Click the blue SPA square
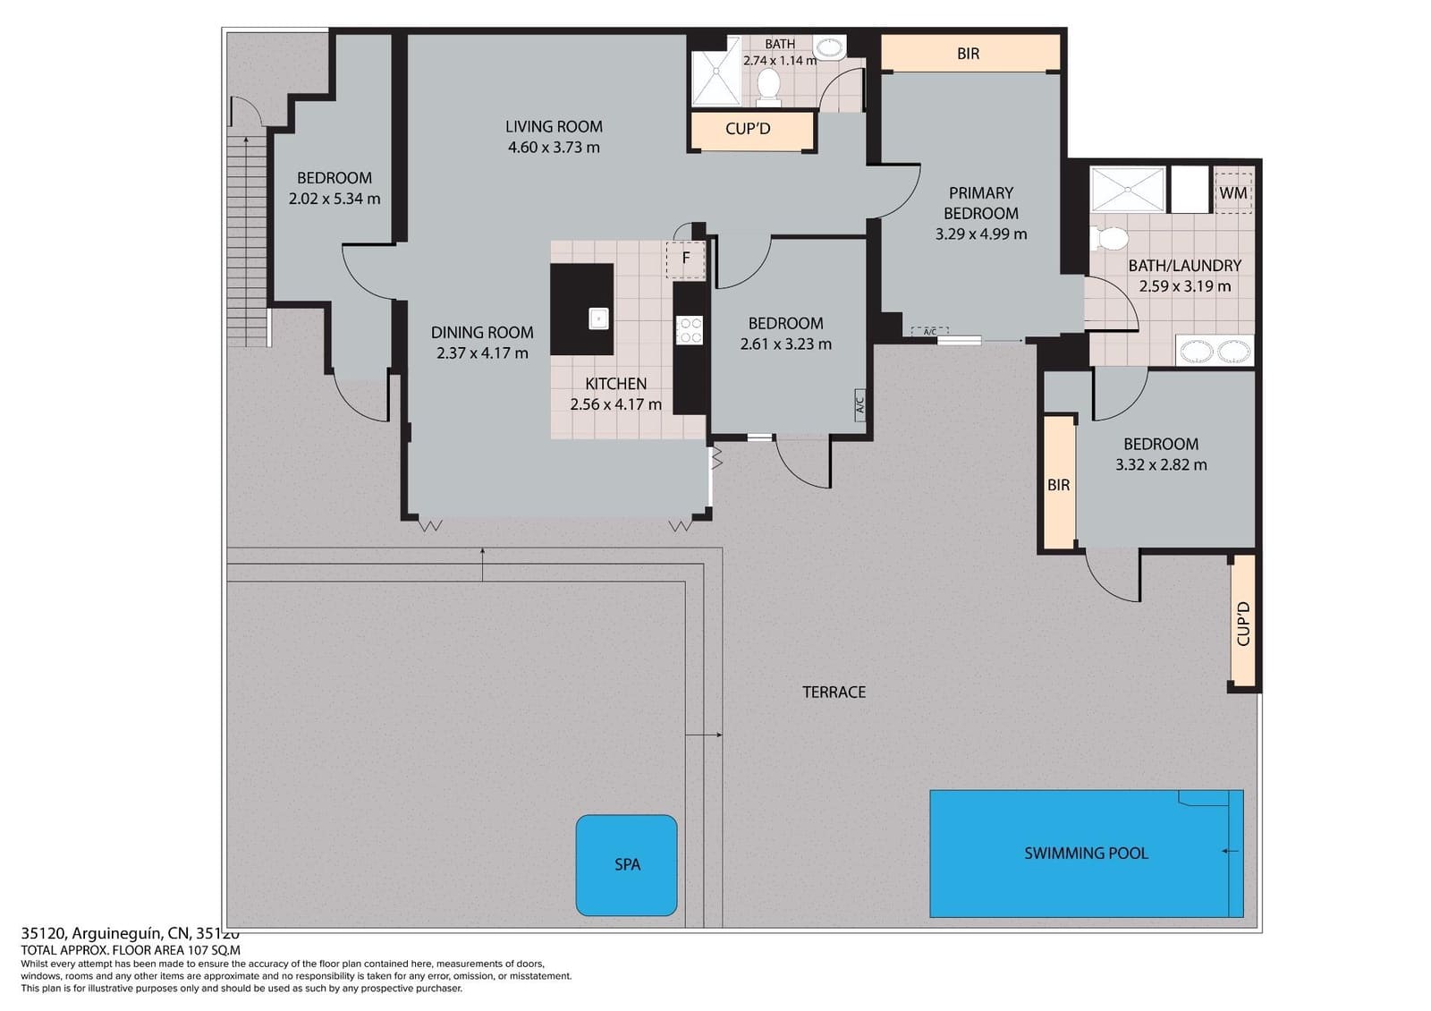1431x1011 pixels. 626,865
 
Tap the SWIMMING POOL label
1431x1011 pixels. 1086,854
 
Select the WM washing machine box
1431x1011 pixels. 1232,193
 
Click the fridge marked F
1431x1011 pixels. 686,259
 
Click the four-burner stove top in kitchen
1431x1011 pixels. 689,330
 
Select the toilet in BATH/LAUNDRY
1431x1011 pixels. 1109,239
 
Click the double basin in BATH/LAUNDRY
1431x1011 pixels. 1215,352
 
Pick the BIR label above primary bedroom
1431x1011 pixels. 968,54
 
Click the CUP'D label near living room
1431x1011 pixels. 748,129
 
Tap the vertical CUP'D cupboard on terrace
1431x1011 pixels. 1243,623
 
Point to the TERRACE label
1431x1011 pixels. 834,692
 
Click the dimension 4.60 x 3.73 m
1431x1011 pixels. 554,148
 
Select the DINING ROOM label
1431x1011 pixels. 482,333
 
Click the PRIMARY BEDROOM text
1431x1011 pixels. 981,203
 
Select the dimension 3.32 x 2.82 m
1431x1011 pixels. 1161,465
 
